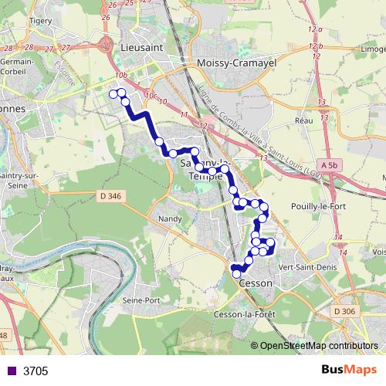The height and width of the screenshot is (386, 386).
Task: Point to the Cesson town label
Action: [x=256, y=283]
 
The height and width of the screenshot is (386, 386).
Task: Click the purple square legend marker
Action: [x=10, y=371]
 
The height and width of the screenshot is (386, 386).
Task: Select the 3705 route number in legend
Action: [x=36, y=371]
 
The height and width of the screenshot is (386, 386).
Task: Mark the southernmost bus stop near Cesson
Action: [x=237, y=274]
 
